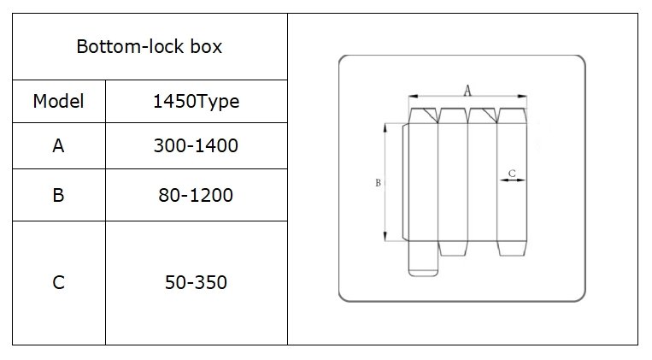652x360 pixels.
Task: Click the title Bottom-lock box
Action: coord(150,46)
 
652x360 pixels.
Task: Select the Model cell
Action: coord(59,101)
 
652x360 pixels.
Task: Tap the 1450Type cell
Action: coord(197,101)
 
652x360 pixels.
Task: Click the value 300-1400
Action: coord(196,145)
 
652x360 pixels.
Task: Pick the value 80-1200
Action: coord(196,195)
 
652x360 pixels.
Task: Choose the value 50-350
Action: coord(196,282)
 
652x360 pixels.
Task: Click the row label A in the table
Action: coord(59,145)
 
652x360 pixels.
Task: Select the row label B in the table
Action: coord(59,195)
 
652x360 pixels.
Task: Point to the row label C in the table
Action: coord(59,282)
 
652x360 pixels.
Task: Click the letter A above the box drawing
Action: coord(467,91)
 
